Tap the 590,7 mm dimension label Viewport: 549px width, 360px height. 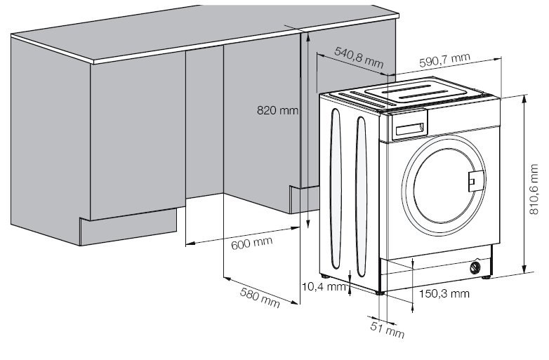coord(444,62)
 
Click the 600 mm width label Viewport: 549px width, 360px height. coord(251,244)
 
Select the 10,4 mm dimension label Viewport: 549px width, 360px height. coord(324,286)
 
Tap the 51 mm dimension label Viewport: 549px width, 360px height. coord(387,328)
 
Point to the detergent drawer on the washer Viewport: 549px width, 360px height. coord(410,127)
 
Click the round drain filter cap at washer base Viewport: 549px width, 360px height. coord(476,267)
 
